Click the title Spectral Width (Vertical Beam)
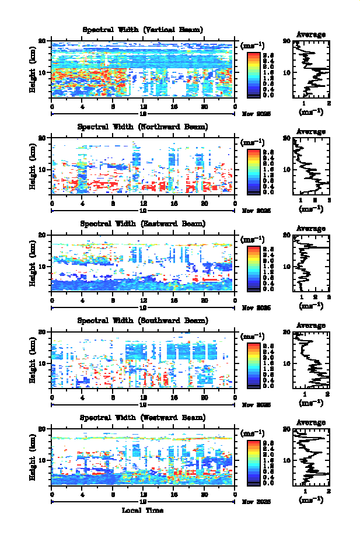point(142,30)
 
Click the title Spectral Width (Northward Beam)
point(142,127)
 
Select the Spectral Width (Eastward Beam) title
point(142,223)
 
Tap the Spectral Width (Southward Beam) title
point(142,320)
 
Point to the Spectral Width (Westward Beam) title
point(142,417)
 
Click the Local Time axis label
point(142,510)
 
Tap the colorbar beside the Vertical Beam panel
point(253,74)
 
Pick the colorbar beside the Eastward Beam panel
point(253,267)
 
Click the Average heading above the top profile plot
point(311,34)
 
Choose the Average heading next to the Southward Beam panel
point(311,325)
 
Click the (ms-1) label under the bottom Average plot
point(311,499)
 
